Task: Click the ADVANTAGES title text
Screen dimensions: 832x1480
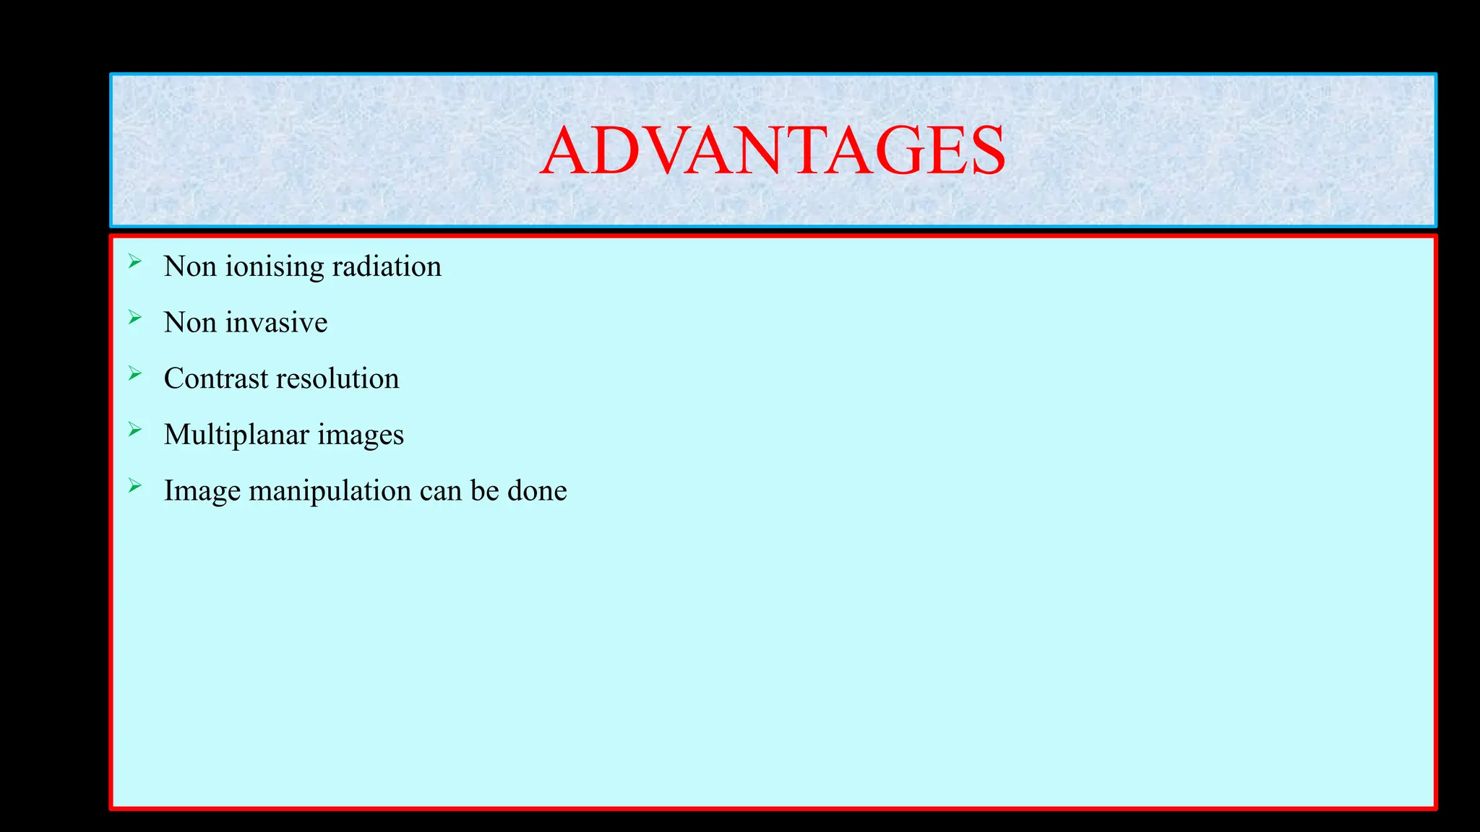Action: click(773, 151)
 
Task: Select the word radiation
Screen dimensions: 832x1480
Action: click(387, 266)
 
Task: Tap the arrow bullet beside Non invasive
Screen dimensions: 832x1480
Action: click(135, 317)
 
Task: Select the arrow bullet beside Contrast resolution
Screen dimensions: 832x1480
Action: click(135, 373)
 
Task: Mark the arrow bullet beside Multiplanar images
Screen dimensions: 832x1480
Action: click(135, 430)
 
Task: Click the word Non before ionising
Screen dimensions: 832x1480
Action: click(190, 266)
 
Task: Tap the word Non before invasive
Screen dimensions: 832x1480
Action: click(190, 322)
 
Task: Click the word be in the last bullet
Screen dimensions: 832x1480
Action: click(485, 490)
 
